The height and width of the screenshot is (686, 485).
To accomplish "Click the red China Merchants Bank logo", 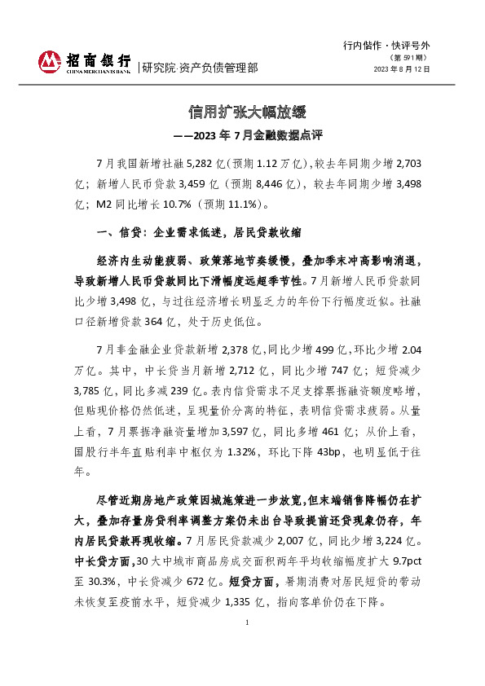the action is (50, 60).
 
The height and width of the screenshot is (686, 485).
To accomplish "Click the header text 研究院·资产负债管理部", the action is (200, 68).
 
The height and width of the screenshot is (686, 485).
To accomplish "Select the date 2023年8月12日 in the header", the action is (402, 70).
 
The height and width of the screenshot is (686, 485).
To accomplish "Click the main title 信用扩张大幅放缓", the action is (246, 111).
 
